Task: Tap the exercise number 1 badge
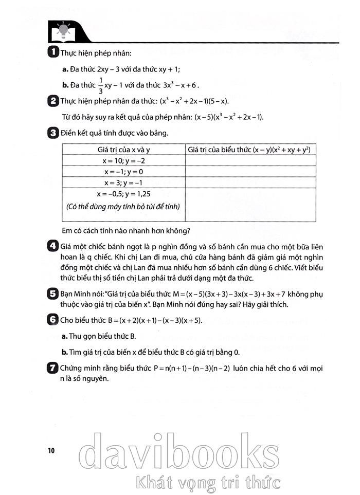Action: click(52, 52)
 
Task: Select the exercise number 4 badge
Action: click(52, 246)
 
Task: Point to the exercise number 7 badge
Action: click(52, 368)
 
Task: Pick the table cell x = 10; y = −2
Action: click(123, 161)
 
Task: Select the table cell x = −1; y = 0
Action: click(123, 172)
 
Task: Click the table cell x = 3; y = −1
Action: click(123, 182)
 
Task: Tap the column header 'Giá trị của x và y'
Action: click(123, 150)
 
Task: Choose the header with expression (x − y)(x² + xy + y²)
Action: click(249, 150)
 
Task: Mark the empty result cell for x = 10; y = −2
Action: click(249, 161)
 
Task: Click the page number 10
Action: click(50, 451)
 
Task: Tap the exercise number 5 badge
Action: click(52, 294)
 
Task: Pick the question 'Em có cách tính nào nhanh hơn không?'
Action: click(125, 230)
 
